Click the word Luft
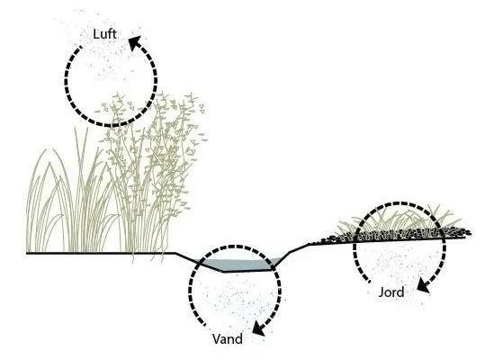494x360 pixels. [x=105, y=34]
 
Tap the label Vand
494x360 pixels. [x=228, y=339]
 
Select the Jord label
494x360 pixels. [x=391, y=292]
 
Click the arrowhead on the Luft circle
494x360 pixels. [x=135, y=42]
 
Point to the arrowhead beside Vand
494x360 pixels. [x=259, y=328]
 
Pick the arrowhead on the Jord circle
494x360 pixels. [x=423, y=285]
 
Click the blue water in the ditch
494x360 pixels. [x=239, y=265]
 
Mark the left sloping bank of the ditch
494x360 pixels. [x=199, y=262]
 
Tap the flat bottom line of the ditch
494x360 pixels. [x=247, y=271]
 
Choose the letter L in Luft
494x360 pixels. [x=95, y=34]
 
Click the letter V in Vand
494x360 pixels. [x=217, y=339]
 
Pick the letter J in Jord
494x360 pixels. [x=381, y=292]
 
